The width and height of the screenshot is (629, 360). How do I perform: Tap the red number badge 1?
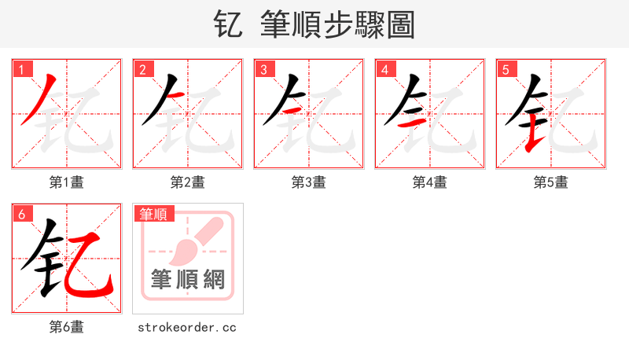22,70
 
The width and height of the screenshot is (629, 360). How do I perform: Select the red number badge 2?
142,70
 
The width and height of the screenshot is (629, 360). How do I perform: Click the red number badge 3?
263,70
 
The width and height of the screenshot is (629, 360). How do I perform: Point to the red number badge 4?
384,70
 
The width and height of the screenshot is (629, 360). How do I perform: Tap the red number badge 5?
506,70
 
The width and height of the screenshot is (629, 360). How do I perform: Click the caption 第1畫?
67,182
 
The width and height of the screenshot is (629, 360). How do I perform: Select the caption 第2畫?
188,182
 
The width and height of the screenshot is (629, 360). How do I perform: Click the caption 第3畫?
309,182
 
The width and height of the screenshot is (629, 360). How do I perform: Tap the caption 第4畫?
430,182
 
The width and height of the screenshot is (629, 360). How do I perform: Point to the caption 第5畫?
551,182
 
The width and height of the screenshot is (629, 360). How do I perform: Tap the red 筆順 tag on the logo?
154,214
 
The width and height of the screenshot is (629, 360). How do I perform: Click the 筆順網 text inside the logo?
188,279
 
